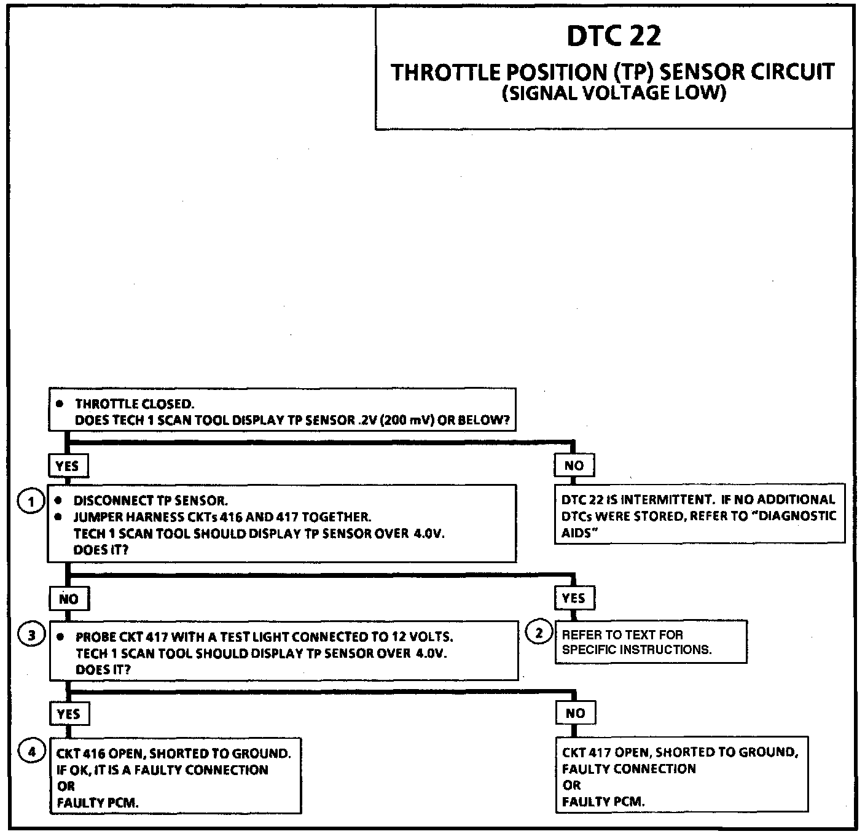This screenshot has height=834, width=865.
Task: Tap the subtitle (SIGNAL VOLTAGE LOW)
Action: [614, 94]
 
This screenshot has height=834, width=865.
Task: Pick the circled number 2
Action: [539, 633]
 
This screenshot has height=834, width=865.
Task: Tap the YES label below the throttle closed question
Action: [68, 466]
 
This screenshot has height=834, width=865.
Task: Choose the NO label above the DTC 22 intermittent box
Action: [574, 466]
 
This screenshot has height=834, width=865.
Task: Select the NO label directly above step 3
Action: [69, 599]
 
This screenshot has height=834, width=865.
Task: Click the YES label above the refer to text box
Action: [574, 598]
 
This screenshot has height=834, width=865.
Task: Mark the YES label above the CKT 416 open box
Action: [68, 714]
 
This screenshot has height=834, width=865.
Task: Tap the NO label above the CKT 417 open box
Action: [575, 713]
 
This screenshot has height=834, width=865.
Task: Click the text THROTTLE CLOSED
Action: [135, 404]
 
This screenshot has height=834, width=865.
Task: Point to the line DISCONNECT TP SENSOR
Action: [151, 501]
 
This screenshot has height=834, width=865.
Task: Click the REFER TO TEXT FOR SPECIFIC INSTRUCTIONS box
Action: [650, 642]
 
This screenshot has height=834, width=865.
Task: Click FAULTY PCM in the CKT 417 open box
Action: [603, 801]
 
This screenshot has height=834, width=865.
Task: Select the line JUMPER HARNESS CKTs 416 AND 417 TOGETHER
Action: [222, 517]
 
